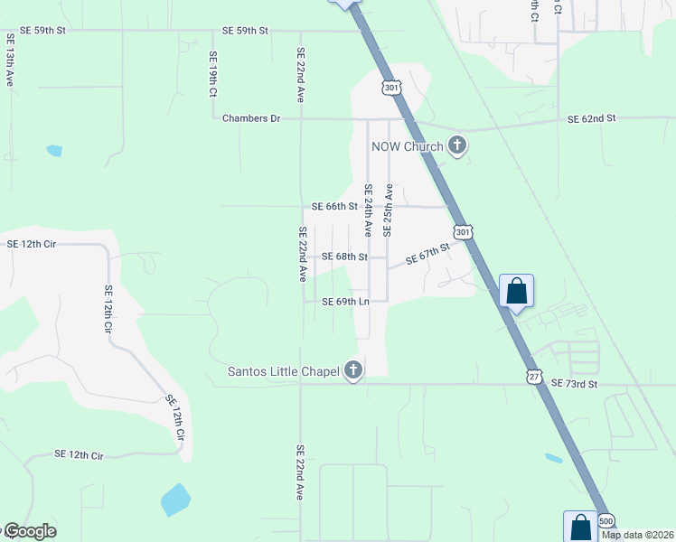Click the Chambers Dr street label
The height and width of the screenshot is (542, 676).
click(x=252, y=118)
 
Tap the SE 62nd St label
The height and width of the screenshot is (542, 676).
click(x=591, y=118)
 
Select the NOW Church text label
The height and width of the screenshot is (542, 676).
click(x=407, y=146)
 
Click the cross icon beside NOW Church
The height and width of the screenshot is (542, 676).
click(x=457, y=145)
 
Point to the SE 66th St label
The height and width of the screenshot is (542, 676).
click(x=334, y=206)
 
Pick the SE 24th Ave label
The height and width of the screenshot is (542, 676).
click(x=368, y=210)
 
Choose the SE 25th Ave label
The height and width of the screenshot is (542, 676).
click(x=388, y=210)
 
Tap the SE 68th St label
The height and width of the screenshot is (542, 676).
click(x=344, y=257)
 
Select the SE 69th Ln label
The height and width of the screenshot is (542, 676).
click(x=346, y=302)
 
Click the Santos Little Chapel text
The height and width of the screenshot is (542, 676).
click(x=283, y=370)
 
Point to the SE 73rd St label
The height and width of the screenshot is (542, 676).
click(x=575, y=384)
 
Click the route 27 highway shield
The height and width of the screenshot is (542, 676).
click(x=536, y=373)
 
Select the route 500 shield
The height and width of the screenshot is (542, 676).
click(x=606, y=521)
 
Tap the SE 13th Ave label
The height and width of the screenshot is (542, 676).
click(x=10, y=61)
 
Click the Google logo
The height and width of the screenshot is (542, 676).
click(x=29, y=531)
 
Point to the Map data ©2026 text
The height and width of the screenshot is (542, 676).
click(x=638, y=535)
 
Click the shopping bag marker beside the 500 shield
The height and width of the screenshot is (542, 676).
click(x=580, y=526)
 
